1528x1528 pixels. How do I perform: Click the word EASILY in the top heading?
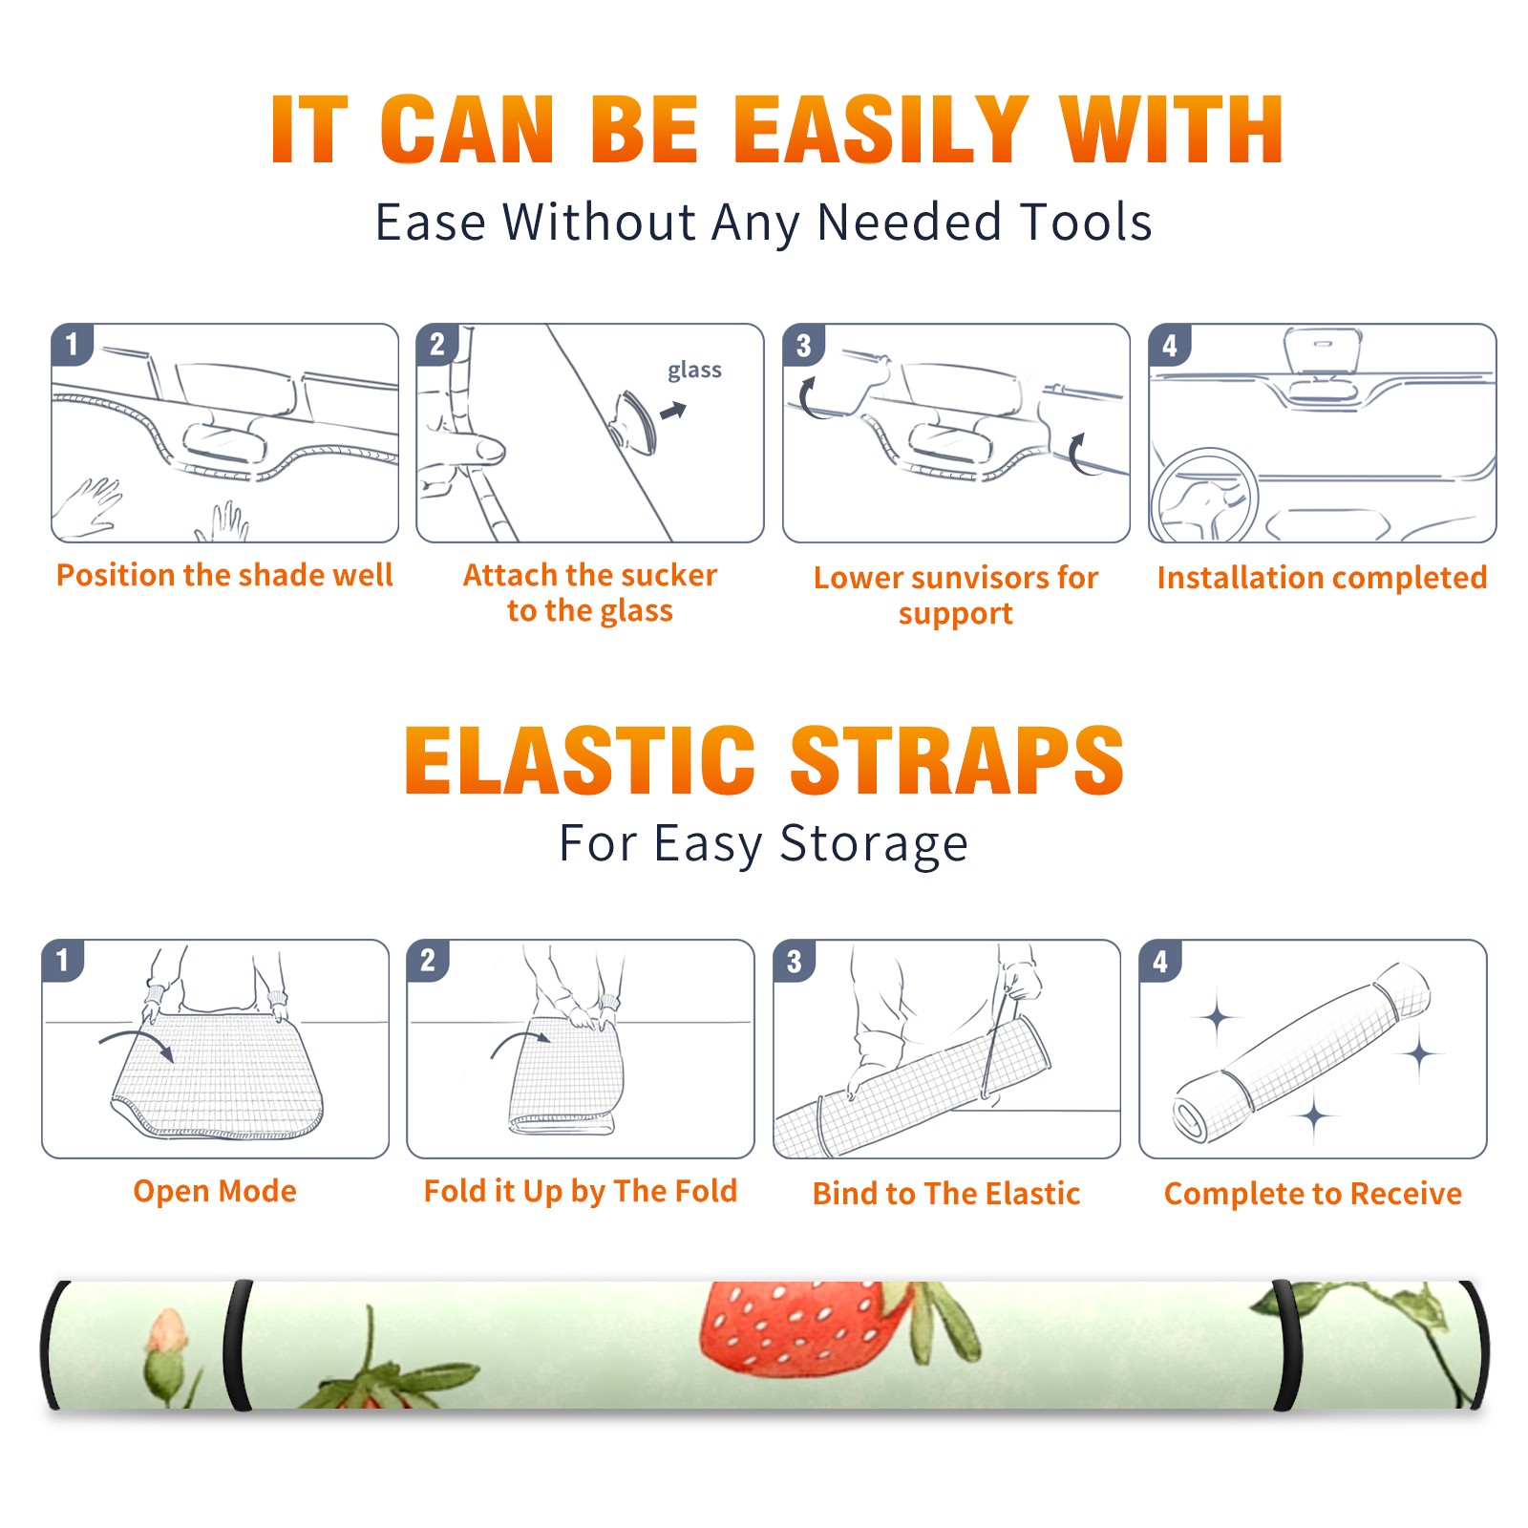881,130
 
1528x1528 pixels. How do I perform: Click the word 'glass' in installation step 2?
694,371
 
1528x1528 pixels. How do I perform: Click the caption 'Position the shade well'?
224,575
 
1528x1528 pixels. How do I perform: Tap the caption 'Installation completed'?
1322,577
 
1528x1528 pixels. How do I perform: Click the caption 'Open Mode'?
215,1191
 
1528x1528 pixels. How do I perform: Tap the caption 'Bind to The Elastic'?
946,1193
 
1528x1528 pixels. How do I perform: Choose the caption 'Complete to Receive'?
1313,1194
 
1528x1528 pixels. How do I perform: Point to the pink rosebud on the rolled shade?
166,1332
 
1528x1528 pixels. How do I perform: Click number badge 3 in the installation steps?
803,345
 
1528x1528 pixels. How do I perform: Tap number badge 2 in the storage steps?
428,961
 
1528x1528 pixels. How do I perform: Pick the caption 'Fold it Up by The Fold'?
581,1191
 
